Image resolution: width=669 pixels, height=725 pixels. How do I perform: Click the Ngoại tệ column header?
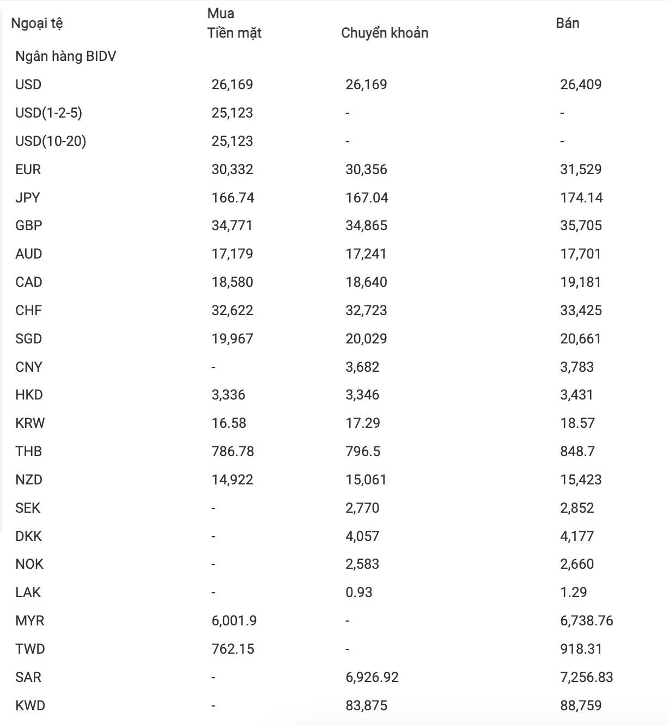tap(37, 23)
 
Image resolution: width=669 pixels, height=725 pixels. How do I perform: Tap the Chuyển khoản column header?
tap(385, 33)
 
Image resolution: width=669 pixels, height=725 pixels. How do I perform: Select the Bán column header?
tap(568, 23)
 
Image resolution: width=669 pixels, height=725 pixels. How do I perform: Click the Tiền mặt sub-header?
tap(234, 33)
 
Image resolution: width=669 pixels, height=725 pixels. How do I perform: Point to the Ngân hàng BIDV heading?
tap(66, 57)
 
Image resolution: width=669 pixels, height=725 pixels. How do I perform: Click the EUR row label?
tap(28, 169)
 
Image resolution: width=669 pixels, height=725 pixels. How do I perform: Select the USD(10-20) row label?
tap(51, 141)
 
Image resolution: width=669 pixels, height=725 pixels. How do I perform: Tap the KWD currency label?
tap(30, 705)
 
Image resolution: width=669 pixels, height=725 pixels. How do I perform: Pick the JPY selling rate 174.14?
tap(581, 198)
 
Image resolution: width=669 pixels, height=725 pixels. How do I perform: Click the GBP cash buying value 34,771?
tap(232, 225)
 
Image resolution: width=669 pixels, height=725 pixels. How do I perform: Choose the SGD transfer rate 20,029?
tap(366, 339)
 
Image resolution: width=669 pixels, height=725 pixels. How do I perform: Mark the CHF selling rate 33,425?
tap(581, 310)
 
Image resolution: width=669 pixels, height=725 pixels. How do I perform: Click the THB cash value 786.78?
tap(233, 451)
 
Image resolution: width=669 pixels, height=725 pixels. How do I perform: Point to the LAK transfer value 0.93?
tap(359, 592)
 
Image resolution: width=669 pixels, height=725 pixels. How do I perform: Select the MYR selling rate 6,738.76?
tap(587, 620)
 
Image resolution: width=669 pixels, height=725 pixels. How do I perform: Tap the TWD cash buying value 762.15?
tap(233, 649)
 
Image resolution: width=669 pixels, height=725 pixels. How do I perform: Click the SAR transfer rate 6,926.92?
tap(372, 677)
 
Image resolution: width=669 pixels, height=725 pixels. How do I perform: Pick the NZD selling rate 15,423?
tap(581, 480)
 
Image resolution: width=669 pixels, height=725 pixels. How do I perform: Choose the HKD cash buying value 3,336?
tap(228, 395)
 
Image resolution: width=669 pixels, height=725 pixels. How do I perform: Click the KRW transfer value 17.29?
tap(363, 423)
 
